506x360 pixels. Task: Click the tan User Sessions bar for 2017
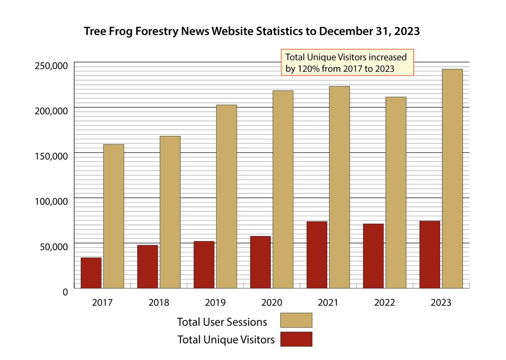point(113,216)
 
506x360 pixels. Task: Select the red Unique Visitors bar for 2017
point(91,273)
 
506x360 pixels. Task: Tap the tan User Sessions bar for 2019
point(226,196)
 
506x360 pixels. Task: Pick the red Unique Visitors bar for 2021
point(317,255)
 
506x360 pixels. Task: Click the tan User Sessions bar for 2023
point(452,179)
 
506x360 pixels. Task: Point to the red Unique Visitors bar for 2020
point(260,262)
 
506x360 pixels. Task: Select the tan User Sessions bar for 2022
point(396,192)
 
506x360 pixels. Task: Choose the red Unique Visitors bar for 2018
point(148,267)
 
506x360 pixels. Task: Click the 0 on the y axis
point(65,292)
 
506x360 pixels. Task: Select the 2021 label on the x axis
point(328,303)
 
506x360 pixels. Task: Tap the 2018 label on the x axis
point(159,303)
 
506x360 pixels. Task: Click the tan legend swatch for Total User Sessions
point(296,320)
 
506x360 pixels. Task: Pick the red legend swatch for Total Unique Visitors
point(296,339)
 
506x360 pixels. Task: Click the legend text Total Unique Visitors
point(226,339)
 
